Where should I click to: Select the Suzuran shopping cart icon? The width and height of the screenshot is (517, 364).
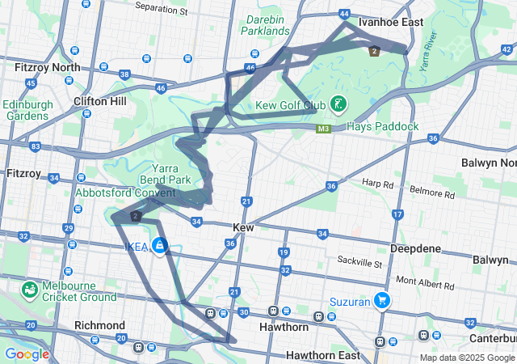tap(382, 302)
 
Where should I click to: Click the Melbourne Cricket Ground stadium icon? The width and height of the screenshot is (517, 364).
tap(30, 289)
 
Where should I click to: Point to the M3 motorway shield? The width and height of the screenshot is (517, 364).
tap(324, 129)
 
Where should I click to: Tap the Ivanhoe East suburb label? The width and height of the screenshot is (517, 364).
tap(392, 23)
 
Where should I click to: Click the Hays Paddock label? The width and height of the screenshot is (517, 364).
tap(383, 127)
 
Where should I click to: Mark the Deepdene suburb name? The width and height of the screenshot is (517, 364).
tap(414, 248)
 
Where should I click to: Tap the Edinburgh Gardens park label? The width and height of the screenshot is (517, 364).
tap(27, 110)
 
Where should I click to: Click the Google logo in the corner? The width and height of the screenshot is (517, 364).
tap(26, 354)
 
